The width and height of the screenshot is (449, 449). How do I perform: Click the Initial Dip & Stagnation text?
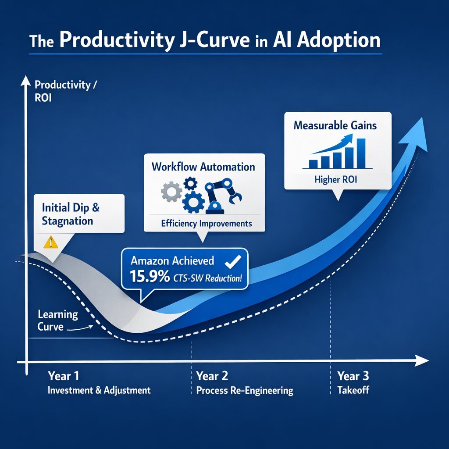point(70,214)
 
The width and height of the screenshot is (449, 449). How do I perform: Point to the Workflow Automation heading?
point(203,167)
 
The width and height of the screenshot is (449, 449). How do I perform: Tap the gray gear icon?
point(169,192)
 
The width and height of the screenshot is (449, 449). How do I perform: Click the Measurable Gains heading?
point(335,125)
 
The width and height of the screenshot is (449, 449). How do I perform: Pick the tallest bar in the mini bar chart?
point(361,153)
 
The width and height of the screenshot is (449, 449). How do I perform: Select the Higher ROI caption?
point(336,180)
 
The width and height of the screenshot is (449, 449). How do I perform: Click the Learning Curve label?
point(58,321)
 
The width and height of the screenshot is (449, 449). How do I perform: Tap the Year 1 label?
point(63,376)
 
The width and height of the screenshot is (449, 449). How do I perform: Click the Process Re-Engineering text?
point(244,390)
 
